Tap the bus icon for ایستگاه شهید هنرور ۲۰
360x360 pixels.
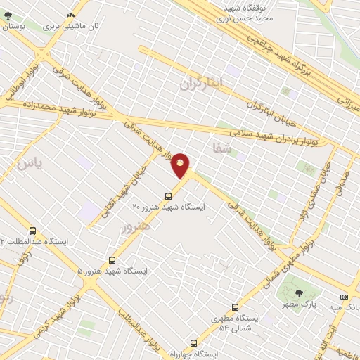(x=168, y=196)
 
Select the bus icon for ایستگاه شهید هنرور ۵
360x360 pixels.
(x=112, y=259)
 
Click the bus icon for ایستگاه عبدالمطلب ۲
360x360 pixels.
(x=32, y=231)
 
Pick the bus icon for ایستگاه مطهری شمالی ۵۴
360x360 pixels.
(x=235, y=307)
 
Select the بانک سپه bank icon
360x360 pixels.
(x=343, y=296)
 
